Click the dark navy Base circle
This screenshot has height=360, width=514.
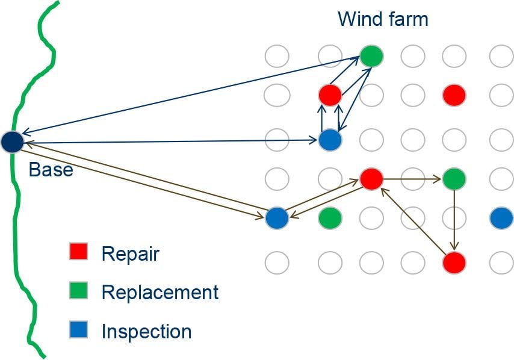coord(12,142)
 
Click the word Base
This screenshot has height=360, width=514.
coord(51,170)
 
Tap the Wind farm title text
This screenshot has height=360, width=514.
coord(383,19)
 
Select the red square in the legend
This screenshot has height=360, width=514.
coord(79,252)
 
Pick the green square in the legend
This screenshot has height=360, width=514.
coord(79,291)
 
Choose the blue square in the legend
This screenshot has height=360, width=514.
coord(79,330)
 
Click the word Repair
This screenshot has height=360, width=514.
coord(130,253)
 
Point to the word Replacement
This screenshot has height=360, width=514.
coord(159,293)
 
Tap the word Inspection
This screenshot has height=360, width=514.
coord(146,331)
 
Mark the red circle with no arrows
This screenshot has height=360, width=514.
coord(454,95)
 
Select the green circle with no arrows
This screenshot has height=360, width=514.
coord(330,218)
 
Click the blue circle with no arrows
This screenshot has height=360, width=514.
coord(501,218)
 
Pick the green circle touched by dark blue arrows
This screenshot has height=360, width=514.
coord(372,57)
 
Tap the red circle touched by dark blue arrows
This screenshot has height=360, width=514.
coord(330,95)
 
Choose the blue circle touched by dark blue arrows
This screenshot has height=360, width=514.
coord(330,140)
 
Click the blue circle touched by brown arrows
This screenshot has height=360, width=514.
coord(277,217)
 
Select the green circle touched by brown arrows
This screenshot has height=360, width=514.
coord(454,178)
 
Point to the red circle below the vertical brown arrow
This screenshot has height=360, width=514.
coord(454,262)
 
